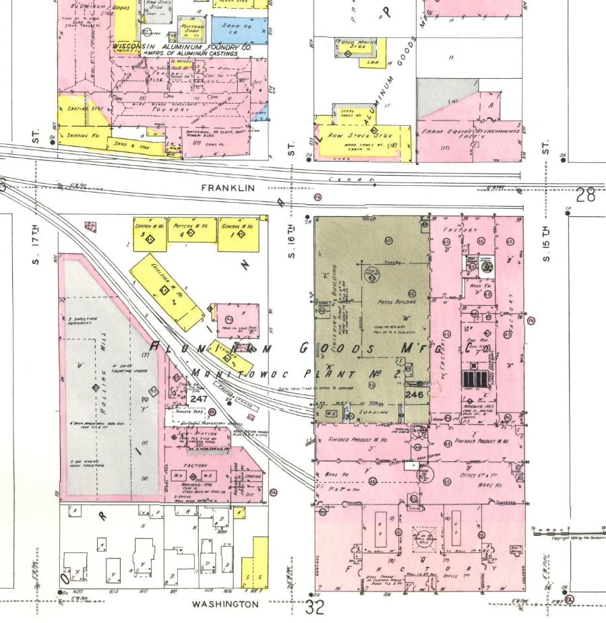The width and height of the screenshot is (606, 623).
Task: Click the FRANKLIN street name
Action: (228, 188)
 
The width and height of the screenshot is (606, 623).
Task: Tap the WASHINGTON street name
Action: (225, 604)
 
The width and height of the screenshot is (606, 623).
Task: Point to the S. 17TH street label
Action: (37, 245)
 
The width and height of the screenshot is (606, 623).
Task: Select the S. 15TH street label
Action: (547, 245)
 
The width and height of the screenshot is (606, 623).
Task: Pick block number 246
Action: (415, 395)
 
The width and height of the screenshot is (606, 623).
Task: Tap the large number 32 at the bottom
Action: (315, 608)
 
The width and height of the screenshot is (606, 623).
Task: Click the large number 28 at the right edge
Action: (586, 195)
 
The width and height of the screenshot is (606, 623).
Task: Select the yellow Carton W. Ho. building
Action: (150, 233)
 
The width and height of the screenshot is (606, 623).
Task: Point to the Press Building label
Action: (396, 302)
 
